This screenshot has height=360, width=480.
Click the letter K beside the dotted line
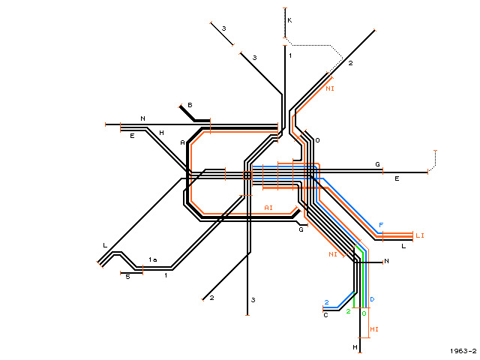289,20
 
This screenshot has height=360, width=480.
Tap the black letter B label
190,105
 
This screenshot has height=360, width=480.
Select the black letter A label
183,142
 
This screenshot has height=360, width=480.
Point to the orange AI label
268,208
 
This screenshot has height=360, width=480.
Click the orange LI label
420,235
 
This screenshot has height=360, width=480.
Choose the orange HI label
374,329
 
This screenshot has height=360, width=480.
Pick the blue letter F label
381,225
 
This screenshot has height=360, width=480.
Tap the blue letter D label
372,299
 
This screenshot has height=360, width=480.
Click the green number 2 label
348,311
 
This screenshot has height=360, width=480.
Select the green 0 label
364,313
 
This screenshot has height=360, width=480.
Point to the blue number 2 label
327,302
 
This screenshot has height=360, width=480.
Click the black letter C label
325,315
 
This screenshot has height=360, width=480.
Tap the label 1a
153,259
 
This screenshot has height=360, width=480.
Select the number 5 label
128,277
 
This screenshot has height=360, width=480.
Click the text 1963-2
463,351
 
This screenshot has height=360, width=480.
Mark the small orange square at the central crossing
247,175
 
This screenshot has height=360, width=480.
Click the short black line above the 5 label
132,273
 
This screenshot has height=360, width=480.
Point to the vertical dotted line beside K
285,23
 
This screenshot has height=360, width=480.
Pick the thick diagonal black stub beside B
187,113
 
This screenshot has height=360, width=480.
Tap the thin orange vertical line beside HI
368,293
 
